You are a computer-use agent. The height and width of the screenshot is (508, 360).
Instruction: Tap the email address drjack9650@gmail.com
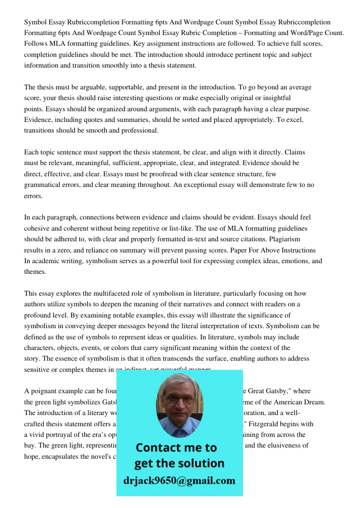pyautogui.click(x=179, y=480)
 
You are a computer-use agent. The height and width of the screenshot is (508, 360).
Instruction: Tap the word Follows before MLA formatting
pyautogui.click(x=36, y=44)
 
